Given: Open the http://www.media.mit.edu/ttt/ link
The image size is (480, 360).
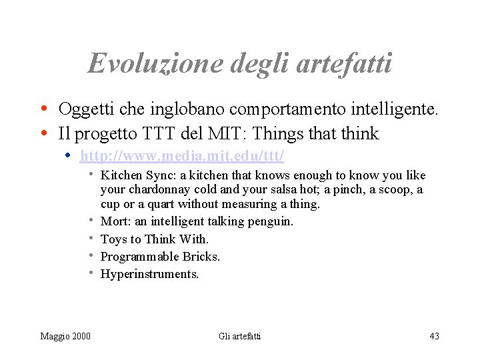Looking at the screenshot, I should tap(182, 156).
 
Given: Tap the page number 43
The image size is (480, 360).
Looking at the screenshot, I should tap(434, 336).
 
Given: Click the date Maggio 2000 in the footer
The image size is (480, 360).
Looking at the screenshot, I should tap(65, 336).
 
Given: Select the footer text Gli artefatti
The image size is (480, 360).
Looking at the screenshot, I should tap(240, 336).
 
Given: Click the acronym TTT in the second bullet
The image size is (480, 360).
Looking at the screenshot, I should tap(157, 134).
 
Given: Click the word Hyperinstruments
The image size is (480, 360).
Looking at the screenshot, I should tap(149, 274).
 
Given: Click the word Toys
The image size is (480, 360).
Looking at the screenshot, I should tap(113, 239).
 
